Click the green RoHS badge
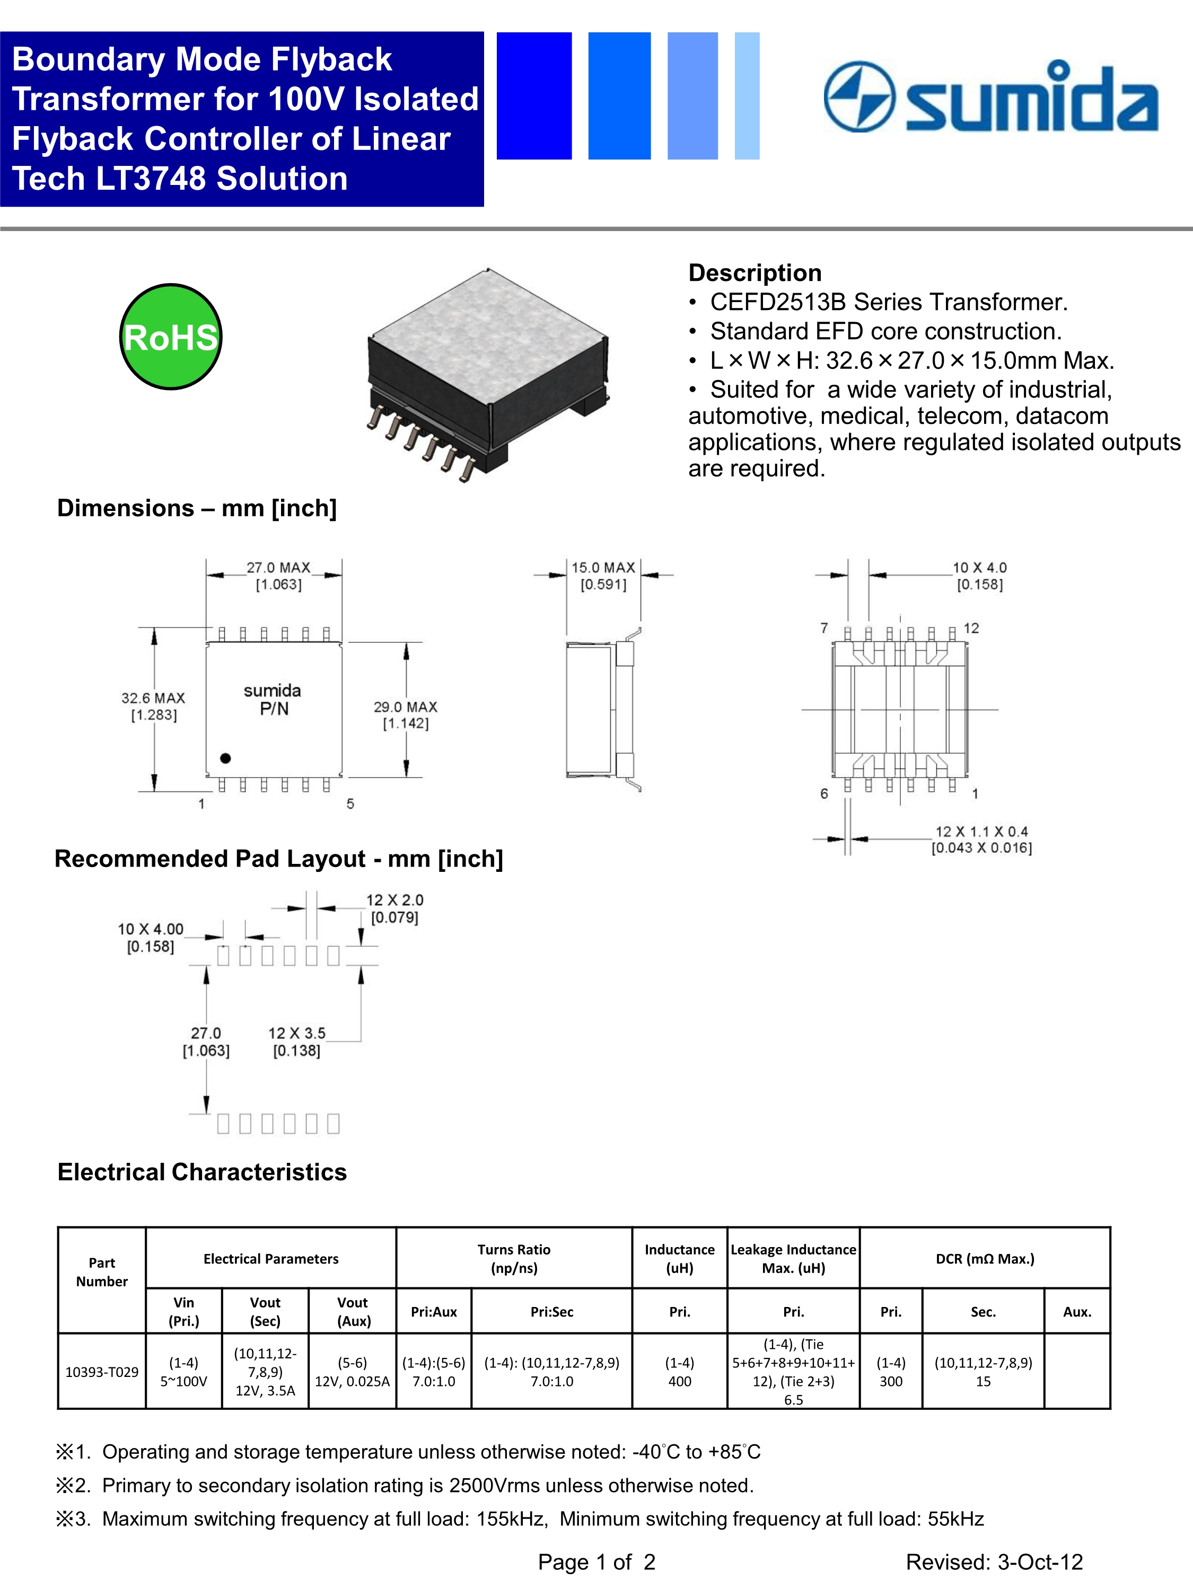point(170,337)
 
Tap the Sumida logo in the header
point(990,97)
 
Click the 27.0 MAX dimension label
point(278,575)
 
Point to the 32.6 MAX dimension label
point(153,706)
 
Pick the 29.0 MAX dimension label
point(406,714)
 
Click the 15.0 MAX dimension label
point(603,575)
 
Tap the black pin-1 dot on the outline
point(225,757)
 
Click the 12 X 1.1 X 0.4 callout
point(981,839)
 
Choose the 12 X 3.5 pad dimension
point(297,1041)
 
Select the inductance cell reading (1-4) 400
point(680,1372)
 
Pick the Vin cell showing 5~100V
point(183,1372)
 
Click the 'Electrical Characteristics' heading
point(202,1172)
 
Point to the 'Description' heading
point(755,272)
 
